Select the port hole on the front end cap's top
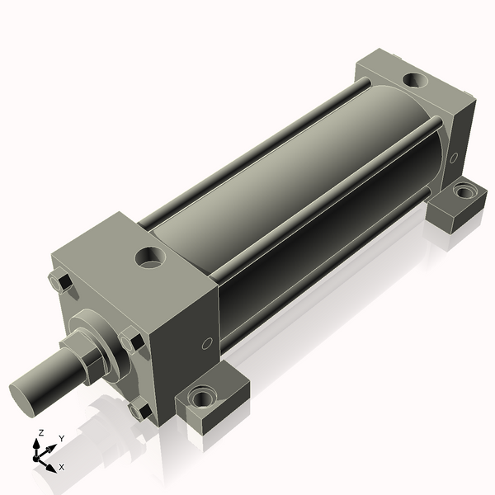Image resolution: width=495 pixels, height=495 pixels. coord(150,258)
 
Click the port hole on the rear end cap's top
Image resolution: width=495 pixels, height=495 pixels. coord(415,81)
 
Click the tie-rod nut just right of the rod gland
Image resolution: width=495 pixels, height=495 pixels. coord(132,341)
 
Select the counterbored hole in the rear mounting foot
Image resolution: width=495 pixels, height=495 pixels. coord(463,191)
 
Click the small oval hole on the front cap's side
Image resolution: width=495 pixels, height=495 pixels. coord(207,343)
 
